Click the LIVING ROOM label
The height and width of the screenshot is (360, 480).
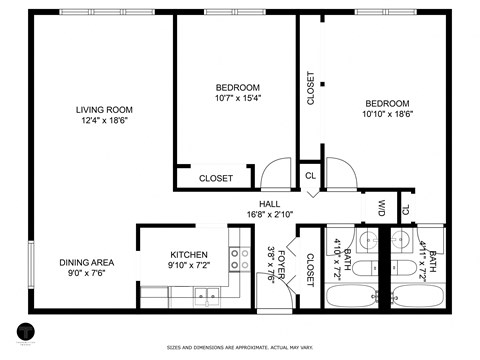[103, 110]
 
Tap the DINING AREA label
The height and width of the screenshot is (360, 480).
[86, 262]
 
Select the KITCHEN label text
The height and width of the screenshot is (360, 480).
[188, 254]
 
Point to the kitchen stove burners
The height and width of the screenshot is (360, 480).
[240, 260]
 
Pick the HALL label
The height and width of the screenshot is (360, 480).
[270, 203]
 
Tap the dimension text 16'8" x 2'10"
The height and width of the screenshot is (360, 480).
[270, 214]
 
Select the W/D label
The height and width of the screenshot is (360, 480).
[382, 209]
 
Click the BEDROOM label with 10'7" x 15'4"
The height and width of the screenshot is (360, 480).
[238, 87]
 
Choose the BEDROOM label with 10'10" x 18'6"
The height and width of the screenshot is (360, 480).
[386, 104]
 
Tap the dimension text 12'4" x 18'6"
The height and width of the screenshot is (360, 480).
[103, 121]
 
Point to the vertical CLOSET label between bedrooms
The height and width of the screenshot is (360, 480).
[310, 88]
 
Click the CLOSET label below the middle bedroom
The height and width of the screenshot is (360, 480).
[216, 178]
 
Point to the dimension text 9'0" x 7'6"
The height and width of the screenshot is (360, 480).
[86, 273]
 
